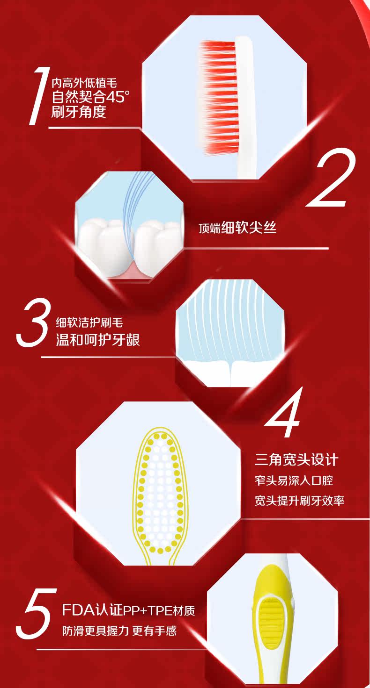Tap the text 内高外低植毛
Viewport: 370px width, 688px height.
point(84,83)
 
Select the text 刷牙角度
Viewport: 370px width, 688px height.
point(79,112)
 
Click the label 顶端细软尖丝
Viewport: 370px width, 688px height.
point(237,228)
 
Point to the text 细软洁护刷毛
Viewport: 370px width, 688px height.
point(89,322)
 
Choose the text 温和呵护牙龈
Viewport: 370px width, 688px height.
point(98,340)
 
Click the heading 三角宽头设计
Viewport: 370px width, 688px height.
point(297,460)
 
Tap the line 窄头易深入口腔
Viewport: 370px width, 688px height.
point(294,480)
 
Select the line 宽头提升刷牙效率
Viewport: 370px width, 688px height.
point(299,500)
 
